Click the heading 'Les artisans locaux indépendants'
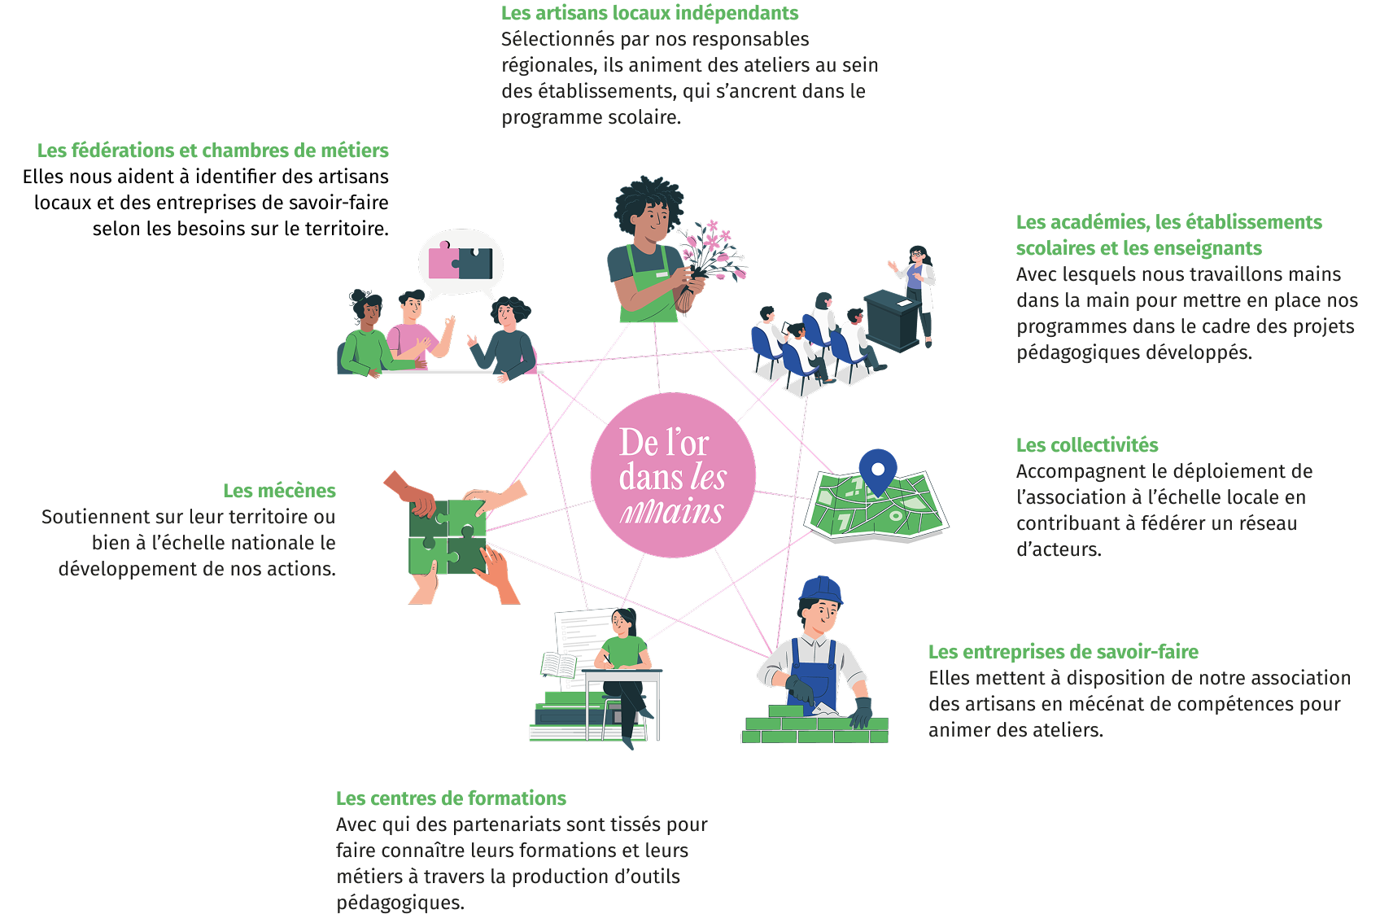pyautogui.click(x=649, y=13)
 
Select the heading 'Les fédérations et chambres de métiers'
pyautogui.click(x=213, y=151)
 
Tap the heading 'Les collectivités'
pyautogui.click(x=1087, y=445)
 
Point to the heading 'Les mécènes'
pyautogui.click(x=279, y=491)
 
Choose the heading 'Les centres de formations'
pyautogui.click(x=451, y=798)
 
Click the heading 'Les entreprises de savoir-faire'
pyautogui.click(x=1063, y=652)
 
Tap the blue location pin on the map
pyautogui.click(x=877, y=469)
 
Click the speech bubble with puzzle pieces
pyautogui.click(x=461, y=262)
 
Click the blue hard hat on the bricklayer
pyautogui.click(x=820, y=589)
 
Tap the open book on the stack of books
pyautogui.click(x=558, y=665)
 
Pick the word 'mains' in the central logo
pyautogui.click(x=672, y=512)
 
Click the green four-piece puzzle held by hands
pyautogui.click(x=447, y=537)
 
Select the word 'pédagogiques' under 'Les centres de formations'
pyautogui.click(x=400, y=903)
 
